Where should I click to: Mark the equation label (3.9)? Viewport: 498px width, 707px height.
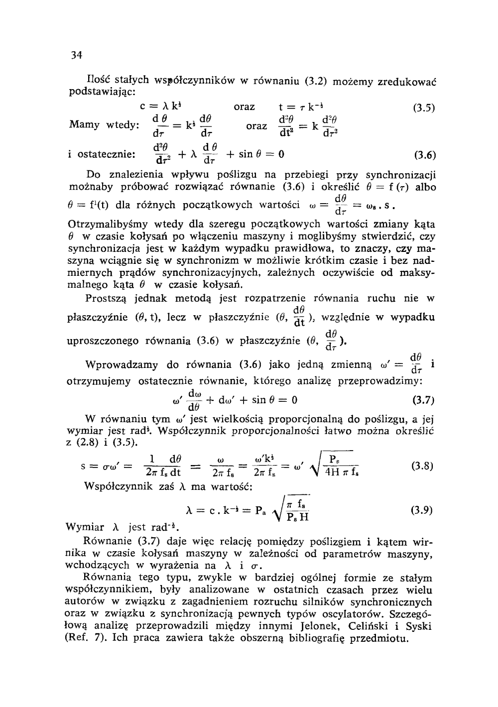point(422,510)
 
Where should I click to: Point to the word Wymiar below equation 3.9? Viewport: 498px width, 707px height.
point(85,527)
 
